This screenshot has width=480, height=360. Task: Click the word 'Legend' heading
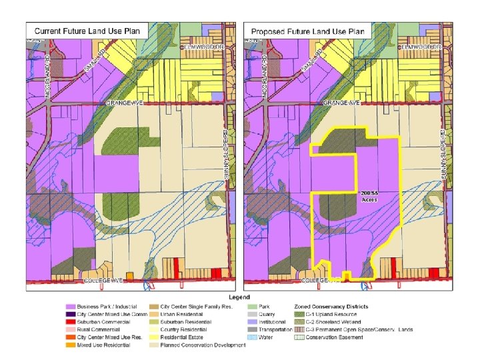(x=239, y=297)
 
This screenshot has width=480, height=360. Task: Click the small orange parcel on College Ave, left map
(x=129, y=275)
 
